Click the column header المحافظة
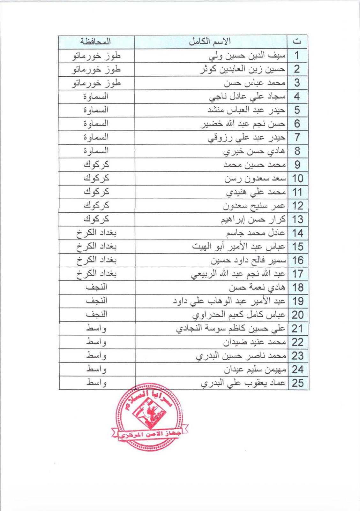coord(95,42)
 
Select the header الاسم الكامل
coord(210,42)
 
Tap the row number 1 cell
coord(297,55)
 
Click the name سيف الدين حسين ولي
coord(247,56)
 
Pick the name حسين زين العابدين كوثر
coord(242,69)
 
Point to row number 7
coord(297,137)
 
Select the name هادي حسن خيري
coord(254,151)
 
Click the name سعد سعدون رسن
coord(255,178)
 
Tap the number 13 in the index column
coord(297,219)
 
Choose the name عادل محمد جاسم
coord(255,233)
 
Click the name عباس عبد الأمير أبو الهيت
coord(238,247)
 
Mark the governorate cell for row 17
coord(96,274)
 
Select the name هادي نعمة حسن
coord(257,287)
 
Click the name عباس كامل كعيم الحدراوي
coord(238,315)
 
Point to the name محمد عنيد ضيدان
coord(254,342)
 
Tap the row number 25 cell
coord(298,383)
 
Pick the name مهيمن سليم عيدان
coord(254,370)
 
